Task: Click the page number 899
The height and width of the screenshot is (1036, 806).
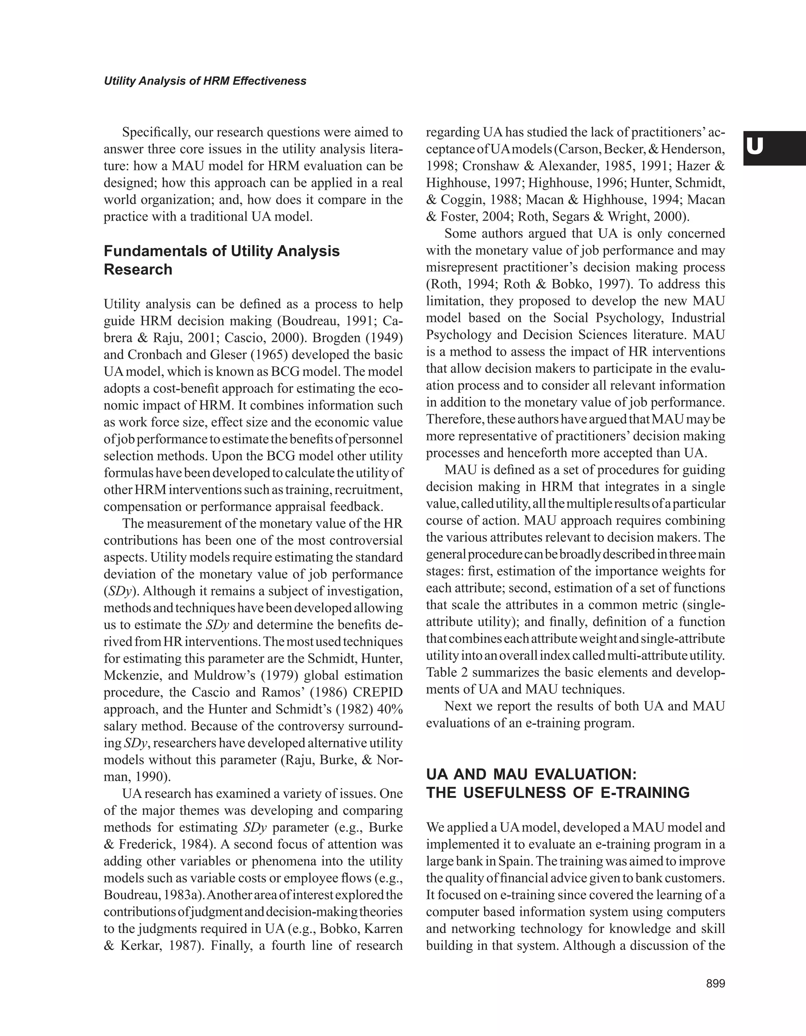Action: click(715, 984)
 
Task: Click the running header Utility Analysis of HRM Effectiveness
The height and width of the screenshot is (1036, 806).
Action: click(205, 81)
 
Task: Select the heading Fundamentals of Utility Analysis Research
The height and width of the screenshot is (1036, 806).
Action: click(222, 260)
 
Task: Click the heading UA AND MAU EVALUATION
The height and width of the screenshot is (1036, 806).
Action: click(531, 775)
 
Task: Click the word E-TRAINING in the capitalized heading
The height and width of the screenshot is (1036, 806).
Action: click(645, 793)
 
